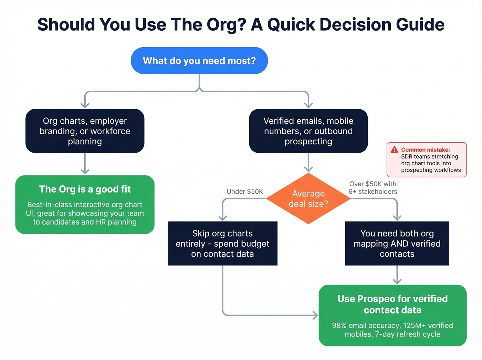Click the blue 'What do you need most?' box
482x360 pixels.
(x=199, y=61)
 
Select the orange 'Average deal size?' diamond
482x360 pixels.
(x=308, y=199)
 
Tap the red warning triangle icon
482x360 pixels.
(x=395, y=150)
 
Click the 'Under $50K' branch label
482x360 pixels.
(x=244, y=192)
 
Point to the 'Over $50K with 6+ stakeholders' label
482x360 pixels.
(x=373, y=188)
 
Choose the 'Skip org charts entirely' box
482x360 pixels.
(x=222, y=243)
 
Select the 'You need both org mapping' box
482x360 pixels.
(x=397, y=243)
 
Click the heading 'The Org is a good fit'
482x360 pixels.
(x=85, y=189)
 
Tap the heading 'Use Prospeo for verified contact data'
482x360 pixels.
(x=392, y=304)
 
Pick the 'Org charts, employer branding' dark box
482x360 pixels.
(x=85, y=131)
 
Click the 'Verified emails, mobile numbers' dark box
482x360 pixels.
(x=308, y=131)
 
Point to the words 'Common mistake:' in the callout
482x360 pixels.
(x=425, y=150)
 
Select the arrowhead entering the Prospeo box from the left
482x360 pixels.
(x=315, y=315)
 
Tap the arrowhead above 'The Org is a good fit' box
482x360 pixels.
(x=85, y=171)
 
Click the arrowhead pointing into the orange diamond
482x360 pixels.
(x=308, y=169)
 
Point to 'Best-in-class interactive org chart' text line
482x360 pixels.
(x=85, y=205)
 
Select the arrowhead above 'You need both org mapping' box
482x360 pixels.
(x=397, y=217)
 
